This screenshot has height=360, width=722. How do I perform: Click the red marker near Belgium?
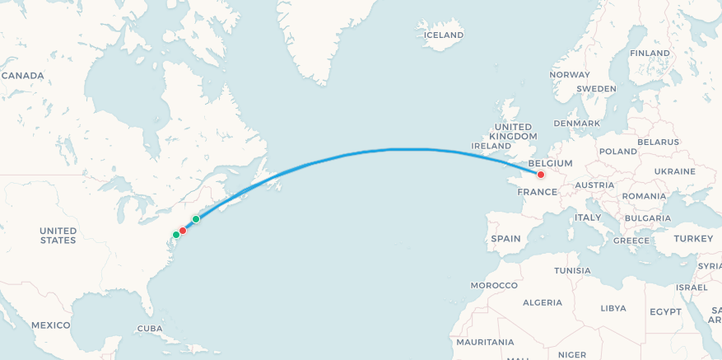(541, 175)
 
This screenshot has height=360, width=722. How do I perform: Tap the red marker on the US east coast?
(183, 231)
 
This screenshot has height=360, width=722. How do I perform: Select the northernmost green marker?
(196, 219)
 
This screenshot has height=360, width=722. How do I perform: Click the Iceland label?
(443, 35)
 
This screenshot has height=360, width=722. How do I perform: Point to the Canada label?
(22, 76)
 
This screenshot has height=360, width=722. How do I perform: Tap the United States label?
(58, 236)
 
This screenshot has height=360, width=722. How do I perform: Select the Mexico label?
(51, 325)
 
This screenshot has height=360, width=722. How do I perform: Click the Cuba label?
(150, 328)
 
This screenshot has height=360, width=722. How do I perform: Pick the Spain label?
(505, 239)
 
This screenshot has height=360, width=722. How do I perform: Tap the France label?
(537, 192)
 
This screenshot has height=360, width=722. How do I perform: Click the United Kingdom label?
(513, 131)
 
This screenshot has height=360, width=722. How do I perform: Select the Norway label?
(570, 75)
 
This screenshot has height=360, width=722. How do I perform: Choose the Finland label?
(650, 54)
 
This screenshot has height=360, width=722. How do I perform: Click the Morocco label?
(494, 285)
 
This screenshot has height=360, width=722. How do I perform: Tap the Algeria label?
(542, 302)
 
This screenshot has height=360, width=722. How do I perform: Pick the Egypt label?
(665, 311)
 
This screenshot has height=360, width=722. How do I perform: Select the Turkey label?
(693, 238)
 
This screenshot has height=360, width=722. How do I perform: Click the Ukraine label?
(674, 171)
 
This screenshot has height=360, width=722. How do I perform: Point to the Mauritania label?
(485, 342)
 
